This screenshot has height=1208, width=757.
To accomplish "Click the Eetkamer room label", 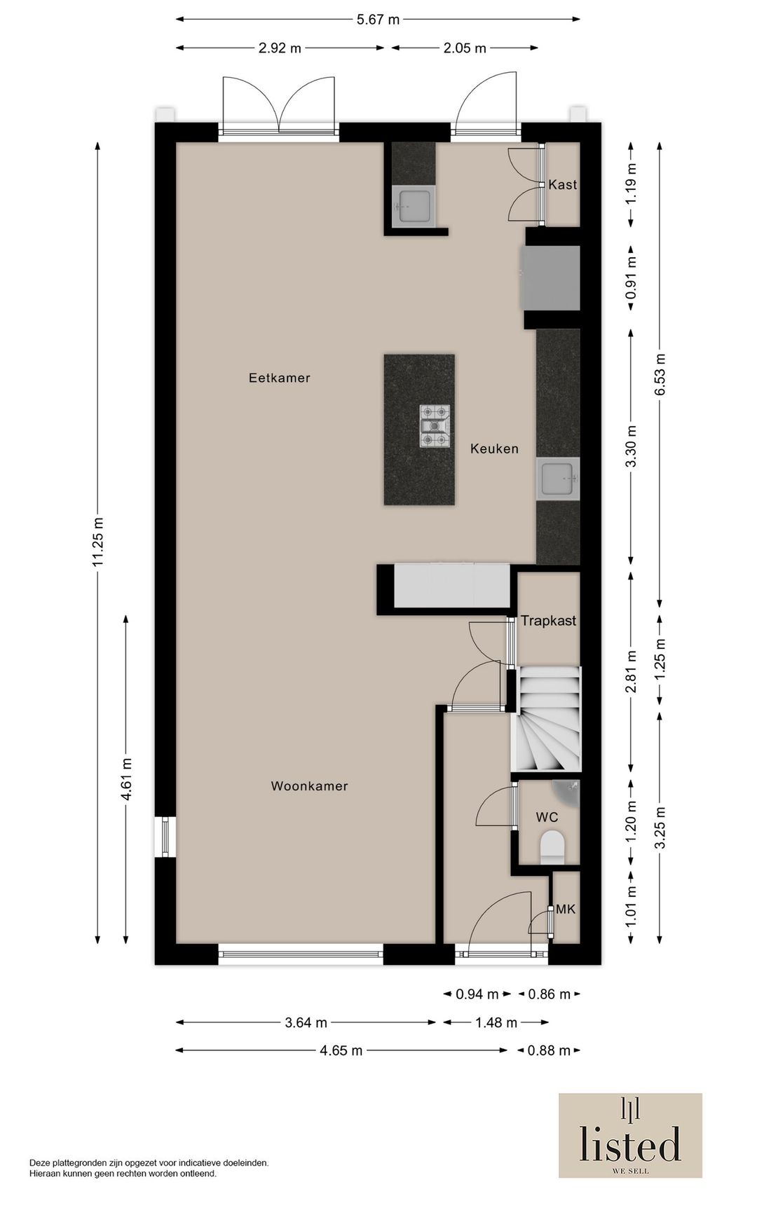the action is [279, 378].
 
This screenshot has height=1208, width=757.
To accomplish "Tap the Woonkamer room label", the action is [309, 786].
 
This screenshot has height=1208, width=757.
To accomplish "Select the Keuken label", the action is [494, 448].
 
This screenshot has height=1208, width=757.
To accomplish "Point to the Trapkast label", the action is [548, 620].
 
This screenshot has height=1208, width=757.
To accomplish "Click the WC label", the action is [547, 817].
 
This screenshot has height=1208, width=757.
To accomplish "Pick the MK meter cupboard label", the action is [566, 909].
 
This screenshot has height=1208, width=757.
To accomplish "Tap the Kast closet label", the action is [563, 184].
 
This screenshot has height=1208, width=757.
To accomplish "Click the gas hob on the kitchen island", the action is [434, 426].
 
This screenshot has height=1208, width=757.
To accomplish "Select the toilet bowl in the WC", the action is [553, 846].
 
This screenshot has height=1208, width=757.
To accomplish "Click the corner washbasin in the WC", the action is [569, 790].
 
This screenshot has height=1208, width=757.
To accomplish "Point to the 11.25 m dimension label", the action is [97, 542].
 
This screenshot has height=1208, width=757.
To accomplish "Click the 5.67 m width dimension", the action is [378, 20].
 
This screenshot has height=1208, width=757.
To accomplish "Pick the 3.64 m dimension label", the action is [306, 1022].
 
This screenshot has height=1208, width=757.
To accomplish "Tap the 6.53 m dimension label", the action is [660, 374].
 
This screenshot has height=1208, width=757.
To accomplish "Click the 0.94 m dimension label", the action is [477, 994].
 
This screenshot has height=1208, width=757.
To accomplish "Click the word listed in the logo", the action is [630, 1144].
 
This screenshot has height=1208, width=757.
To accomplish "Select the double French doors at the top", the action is [279, 105].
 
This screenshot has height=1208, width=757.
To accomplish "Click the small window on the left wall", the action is [165, 837].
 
